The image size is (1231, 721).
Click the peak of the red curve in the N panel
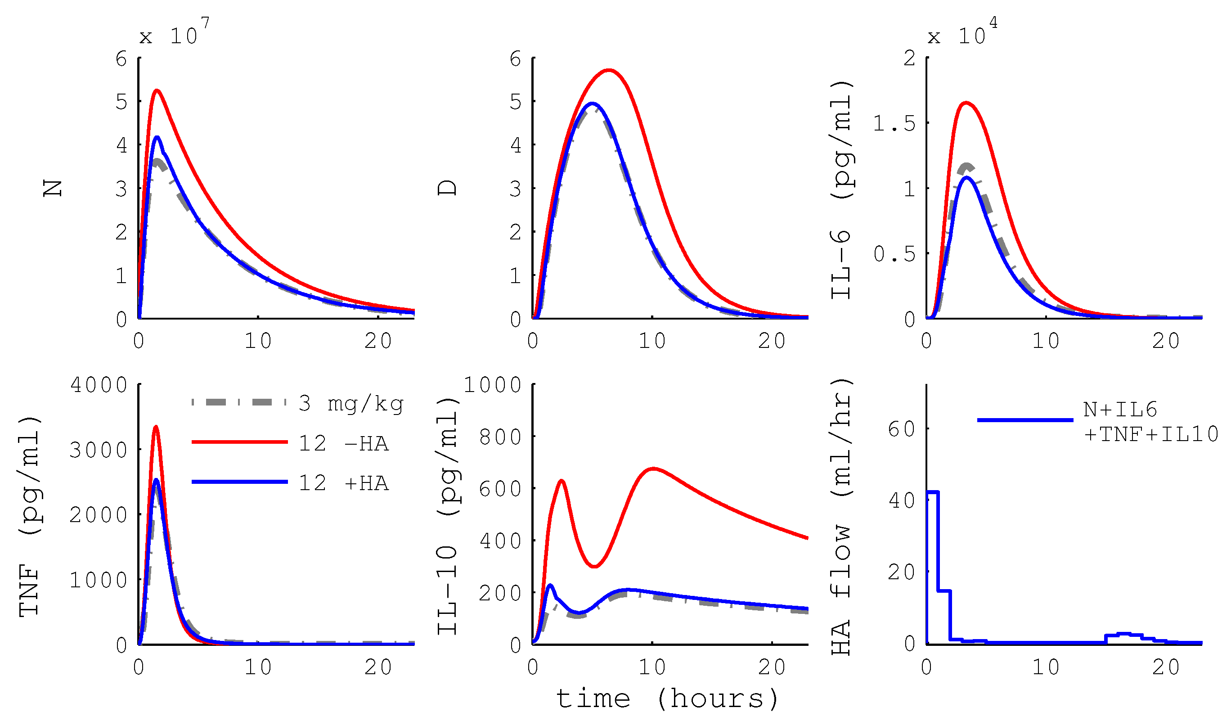coord(157,90)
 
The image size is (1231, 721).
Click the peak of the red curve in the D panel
coord(609,70)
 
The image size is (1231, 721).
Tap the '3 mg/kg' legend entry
coord(351,404)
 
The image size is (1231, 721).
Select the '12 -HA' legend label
coord(343,444)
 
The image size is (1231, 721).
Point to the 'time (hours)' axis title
coord(667,699)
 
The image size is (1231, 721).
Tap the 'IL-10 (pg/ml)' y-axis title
coord(448,516)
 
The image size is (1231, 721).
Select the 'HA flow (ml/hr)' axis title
coord(841,518)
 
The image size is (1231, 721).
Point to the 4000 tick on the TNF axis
coord(99,385)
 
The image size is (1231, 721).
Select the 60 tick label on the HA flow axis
coord(901,429)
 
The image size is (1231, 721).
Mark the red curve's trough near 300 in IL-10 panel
coord(594,567)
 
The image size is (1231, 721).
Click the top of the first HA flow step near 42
coord(932,492)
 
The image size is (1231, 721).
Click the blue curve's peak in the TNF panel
coord(156,480)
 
